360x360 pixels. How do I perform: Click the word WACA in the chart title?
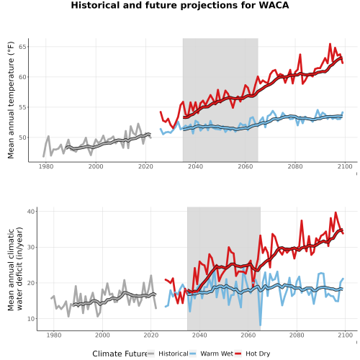click(x=274, y=5)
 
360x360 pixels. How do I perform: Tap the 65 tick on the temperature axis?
click(x=22, y=47)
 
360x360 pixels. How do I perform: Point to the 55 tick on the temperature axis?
click(x=22, y=107)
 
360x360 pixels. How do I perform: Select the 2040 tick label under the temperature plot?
click(x=195, y=166)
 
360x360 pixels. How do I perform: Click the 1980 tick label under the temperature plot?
click(x=46, y=166)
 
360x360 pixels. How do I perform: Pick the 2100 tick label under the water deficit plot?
click(x=345, y=335)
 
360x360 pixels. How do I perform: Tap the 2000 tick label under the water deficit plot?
click(x=102, y=335)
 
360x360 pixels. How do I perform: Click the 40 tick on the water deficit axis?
click(x=31, y=211)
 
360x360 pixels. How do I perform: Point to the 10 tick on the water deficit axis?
click(x=31, y=319)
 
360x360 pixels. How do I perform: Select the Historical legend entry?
click(x=168, y=354)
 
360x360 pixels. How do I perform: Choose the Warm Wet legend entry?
click(x=211, y=354)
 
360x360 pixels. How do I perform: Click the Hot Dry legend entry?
click(x=253, y=354)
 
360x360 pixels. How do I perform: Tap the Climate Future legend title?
click(x=120, y=354)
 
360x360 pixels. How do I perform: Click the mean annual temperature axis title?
click(x=11, y=100)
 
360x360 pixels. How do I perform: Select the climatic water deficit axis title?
click(x=15, y=269)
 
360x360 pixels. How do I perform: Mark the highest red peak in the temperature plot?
click(x=330, y=44)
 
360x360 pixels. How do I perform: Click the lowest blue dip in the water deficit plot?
click(x=261, y=325)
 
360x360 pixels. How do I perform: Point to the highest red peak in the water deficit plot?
click(x=336, y=212)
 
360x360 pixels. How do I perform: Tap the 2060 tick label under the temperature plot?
click(x=246, y=166)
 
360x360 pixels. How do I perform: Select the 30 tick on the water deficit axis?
click(x=31, y=247)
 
